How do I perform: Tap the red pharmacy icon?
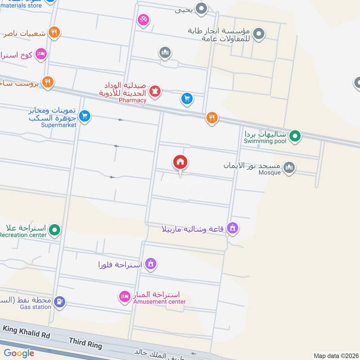[155, 91]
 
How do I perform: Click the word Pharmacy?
[133, 100]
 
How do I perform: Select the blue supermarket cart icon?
[84, 116]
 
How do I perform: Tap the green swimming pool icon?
[295, 135]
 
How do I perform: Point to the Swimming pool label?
[265, 141]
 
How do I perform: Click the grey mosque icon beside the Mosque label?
[289, 167]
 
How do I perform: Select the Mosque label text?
[269, 172]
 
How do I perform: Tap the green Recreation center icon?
[55, 229]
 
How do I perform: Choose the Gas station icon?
[59, 301]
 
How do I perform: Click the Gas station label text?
[36, 307]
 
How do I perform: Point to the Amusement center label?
[159, 301]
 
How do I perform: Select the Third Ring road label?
[85, 344]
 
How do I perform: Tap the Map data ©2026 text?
[335, 356]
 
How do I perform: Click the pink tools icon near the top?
[144, 20]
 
